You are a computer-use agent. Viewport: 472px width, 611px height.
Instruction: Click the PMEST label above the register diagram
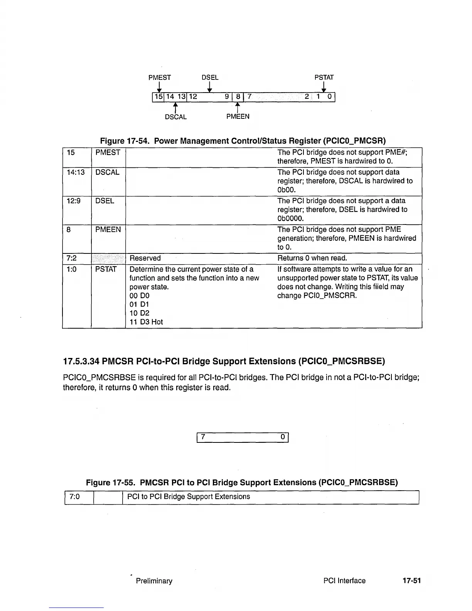click(x=160, y=78)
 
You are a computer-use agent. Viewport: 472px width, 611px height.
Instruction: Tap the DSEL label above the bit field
click(x=210, y=78)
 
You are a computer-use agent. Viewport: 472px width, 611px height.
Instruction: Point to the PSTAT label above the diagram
click(x=324, y=78)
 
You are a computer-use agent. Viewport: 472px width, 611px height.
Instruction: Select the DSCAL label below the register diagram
click(x=176, y=117)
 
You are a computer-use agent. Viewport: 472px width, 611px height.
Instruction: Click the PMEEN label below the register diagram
click(x=238, y=116)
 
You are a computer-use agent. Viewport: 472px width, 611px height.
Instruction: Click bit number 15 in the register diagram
click(x=158, y=97)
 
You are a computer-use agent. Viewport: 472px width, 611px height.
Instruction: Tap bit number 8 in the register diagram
click(x=238, y=97)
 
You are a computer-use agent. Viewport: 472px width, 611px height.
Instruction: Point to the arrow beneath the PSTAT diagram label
click(x=324, y=87)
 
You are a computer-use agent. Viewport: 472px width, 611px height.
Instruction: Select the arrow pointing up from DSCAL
click(x=175, y=106)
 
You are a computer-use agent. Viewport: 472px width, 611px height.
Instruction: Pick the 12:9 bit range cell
click(x=73, y=201)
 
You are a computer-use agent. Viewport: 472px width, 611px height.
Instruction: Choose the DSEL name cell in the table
click(x=105, y=201)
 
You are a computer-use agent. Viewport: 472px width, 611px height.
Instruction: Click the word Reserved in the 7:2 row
click(x=145, y=258)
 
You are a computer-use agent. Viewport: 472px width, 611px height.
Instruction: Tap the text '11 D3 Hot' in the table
click(x=146, y=322)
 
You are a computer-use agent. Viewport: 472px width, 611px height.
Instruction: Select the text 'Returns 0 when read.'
click(x=312, y=258)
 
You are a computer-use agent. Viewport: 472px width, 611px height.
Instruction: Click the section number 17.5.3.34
click(x=81, y=361)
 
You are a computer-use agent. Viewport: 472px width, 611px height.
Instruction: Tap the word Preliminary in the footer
click(x=154, y=581)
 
